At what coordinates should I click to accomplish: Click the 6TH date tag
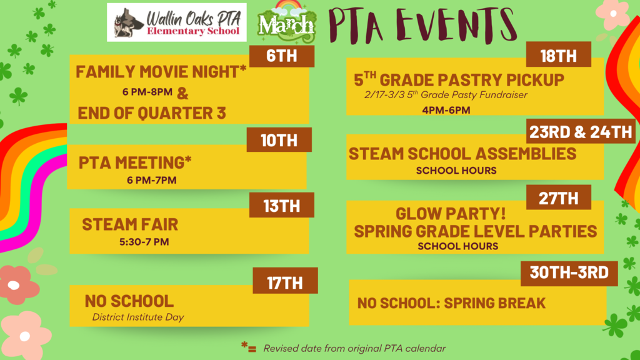281,56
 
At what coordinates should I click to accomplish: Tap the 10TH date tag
279,140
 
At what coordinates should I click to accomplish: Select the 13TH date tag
281,206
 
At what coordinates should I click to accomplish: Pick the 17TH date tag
285,282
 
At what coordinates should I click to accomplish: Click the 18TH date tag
558,56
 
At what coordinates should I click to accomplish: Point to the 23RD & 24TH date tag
581,132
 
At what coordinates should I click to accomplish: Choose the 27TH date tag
558,198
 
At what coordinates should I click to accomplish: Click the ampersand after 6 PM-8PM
182,94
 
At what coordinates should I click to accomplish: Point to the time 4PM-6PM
446,111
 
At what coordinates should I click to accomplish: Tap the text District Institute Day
138,317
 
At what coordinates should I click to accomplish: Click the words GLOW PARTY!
450,213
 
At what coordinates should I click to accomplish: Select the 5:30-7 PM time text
144,241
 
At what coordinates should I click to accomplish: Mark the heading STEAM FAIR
130,224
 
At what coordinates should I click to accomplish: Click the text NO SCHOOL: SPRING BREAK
451,304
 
